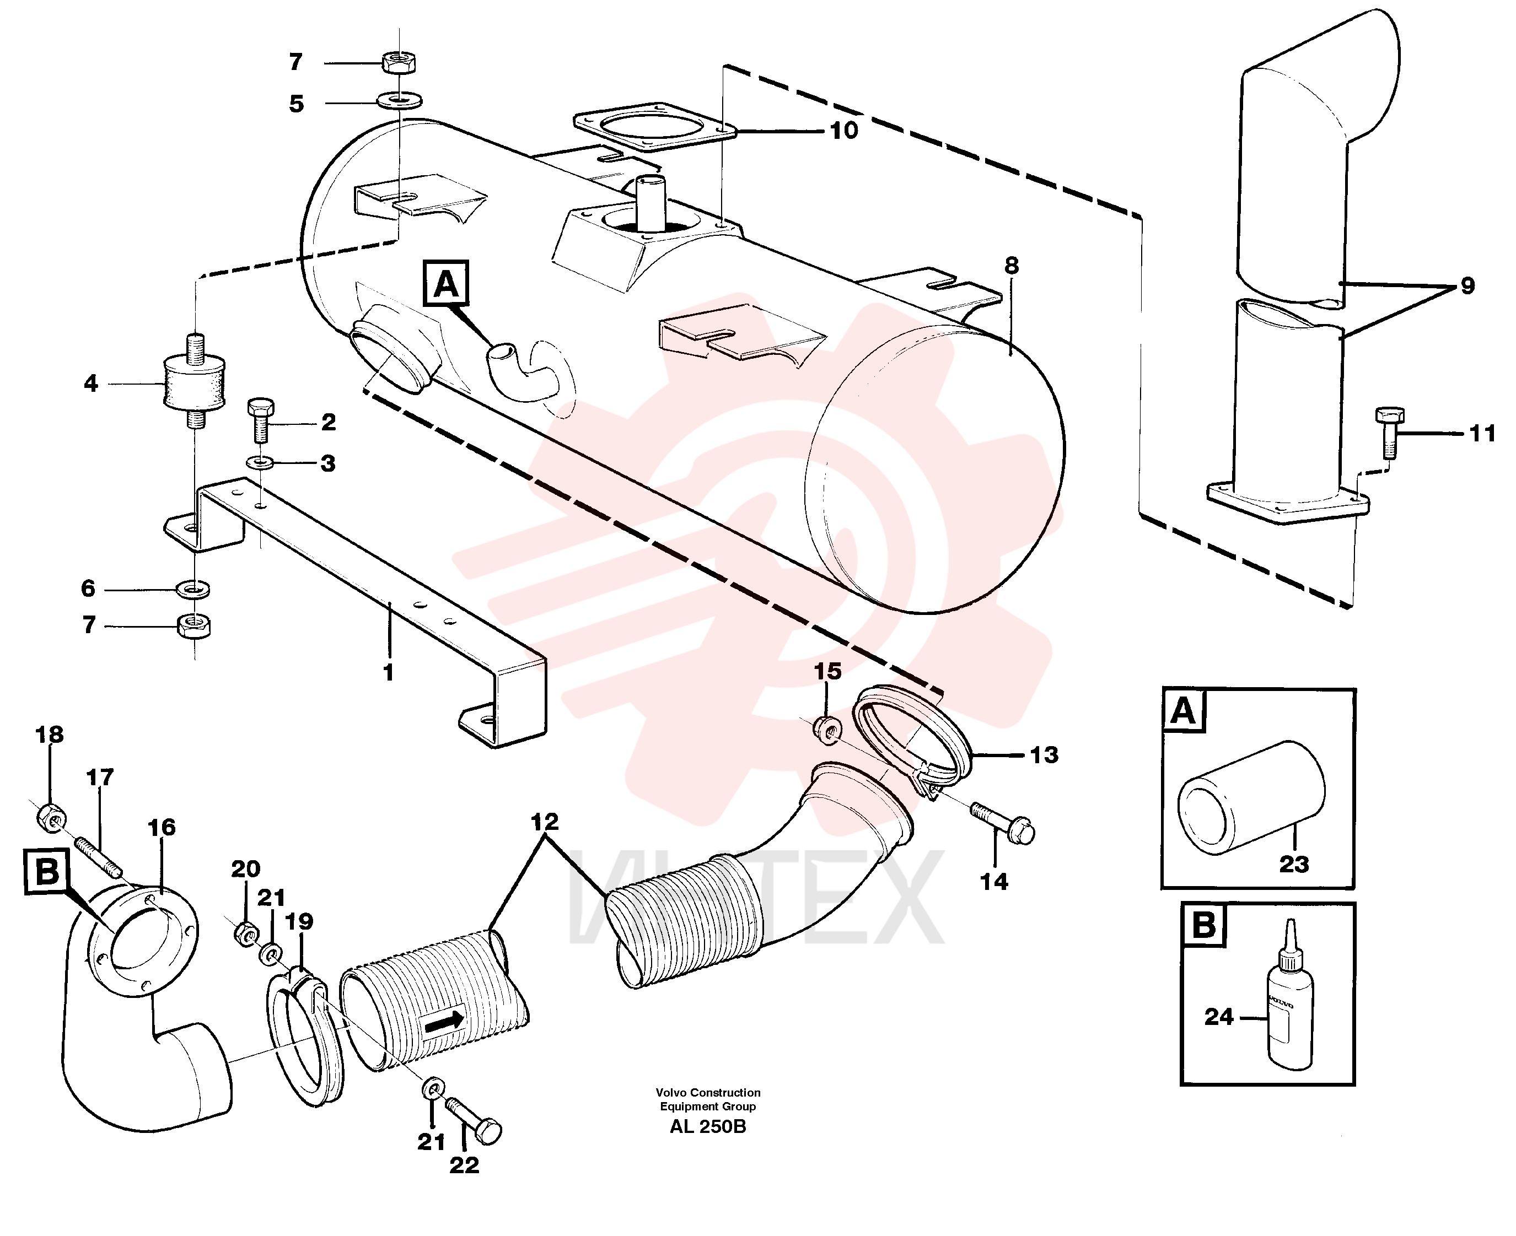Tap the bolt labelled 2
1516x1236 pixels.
click(x=259, y=419)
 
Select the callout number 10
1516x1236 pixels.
click(x=844, y=130)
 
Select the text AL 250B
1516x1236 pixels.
click(x=708, y=1127)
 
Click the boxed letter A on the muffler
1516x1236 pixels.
click(x=446, y=283)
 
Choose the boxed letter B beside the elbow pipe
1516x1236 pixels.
click(x=47, y=871)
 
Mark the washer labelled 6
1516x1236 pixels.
click(x=193, y=590)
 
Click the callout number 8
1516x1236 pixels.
click(x=1012, y=266)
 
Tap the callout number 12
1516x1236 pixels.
click(x=545, y=822)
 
